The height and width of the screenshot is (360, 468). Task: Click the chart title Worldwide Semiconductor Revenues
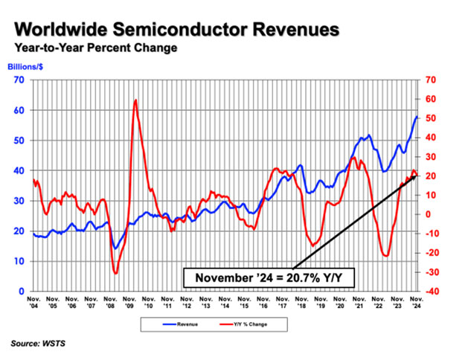(176, 30)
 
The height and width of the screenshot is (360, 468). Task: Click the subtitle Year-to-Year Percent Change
(94, 49)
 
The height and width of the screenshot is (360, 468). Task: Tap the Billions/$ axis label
(25, 68)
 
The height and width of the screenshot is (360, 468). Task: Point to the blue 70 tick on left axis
(21, 80)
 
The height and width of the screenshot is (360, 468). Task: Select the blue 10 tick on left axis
(21, 262)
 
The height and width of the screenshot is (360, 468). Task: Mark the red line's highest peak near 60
(135, 100)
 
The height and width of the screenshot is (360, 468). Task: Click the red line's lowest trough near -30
(115, 273)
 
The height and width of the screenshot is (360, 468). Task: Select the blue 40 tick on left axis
(21, 170)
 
